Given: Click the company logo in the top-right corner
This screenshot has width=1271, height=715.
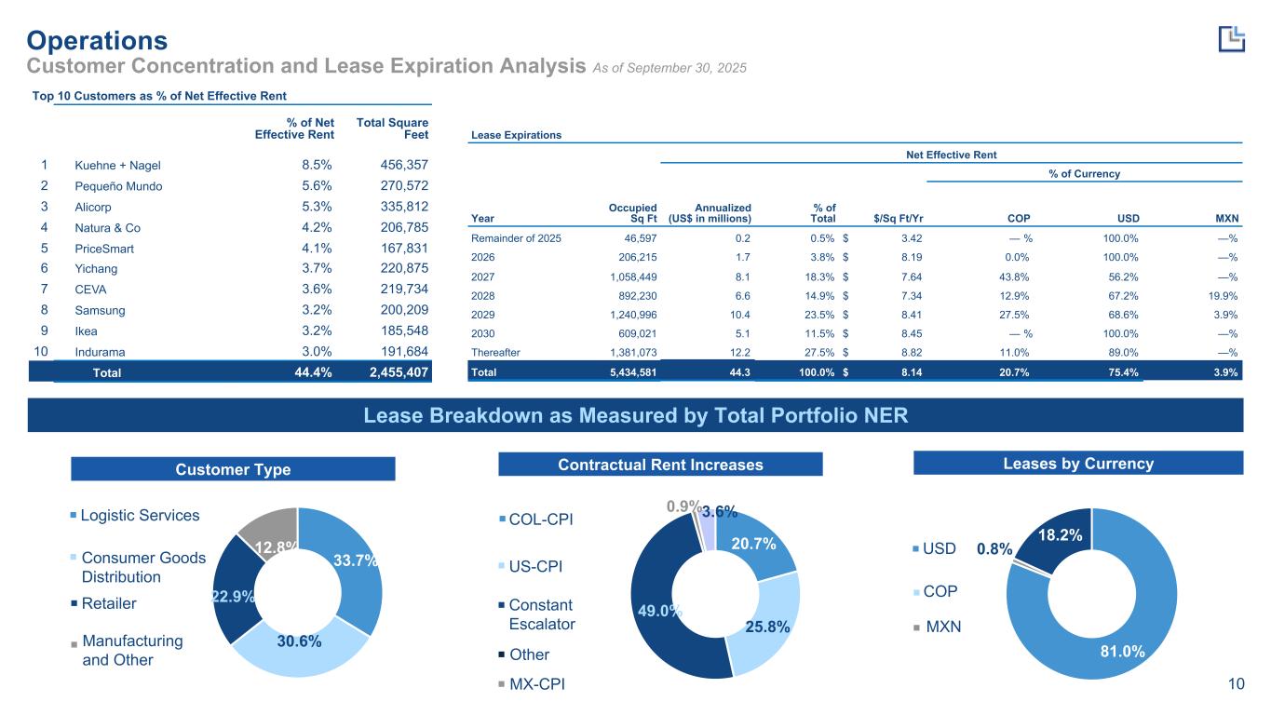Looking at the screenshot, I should pyautogui.click(x=1231, y=38).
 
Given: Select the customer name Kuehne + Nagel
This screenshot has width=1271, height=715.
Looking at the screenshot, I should pyautogui.click(x=117, y=166).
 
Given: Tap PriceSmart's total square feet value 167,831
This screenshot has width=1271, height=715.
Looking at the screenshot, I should pyautogui.click(x=404, y=248).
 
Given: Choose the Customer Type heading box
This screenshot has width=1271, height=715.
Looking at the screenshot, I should pyautogui.click(x=233, y=469).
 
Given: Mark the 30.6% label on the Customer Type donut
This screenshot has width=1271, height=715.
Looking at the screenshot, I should pyautogui.click(x=299, y=641).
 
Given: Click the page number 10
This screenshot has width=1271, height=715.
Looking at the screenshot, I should pyautogui.click(x=1236, y=685).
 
